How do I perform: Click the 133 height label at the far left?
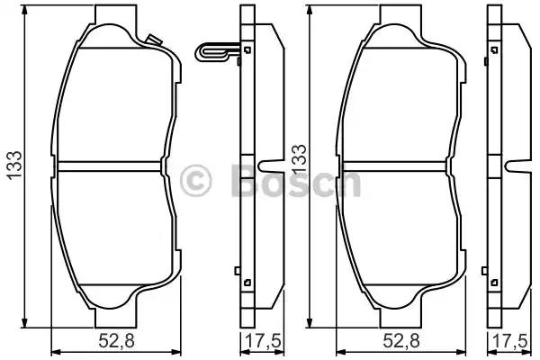14,166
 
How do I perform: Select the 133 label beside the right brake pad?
299,159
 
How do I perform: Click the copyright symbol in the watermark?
195,180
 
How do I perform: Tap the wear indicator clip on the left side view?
217,52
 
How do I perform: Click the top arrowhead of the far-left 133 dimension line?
24,10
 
